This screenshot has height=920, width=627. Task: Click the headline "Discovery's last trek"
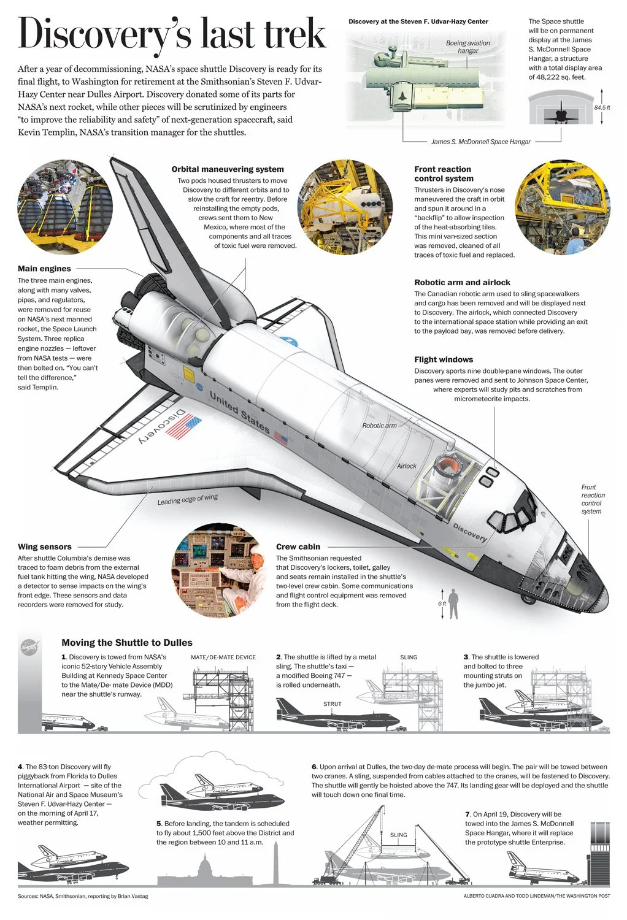coord(172,34)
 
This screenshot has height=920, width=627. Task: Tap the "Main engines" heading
coord(44,269)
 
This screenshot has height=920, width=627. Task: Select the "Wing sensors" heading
coord(45,546)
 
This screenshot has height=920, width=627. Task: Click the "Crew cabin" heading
coord(298,546)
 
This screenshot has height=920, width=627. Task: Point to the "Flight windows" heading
coord(444,359)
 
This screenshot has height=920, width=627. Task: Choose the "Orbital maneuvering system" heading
coord(228,169)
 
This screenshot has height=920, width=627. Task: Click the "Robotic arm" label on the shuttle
coord(379,426)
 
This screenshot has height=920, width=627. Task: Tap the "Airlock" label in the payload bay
coord(406,466)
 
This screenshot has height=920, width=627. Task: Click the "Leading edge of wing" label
coord(187,499)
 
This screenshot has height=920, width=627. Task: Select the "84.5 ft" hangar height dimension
coord(602,108)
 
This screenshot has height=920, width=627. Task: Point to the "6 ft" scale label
coord(442,604)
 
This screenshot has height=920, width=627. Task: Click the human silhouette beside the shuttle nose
coord(453,604)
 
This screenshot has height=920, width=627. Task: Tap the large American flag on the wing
coord(183,427)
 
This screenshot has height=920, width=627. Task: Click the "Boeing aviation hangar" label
coord(468,47)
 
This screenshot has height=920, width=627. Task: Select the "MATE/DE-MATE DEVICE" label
coord(223,657)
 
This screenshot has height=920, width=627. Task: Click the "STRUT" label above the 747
coord(332,704)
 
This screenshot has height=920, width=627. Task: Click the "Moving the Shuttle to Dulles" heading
coord(127,643)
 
